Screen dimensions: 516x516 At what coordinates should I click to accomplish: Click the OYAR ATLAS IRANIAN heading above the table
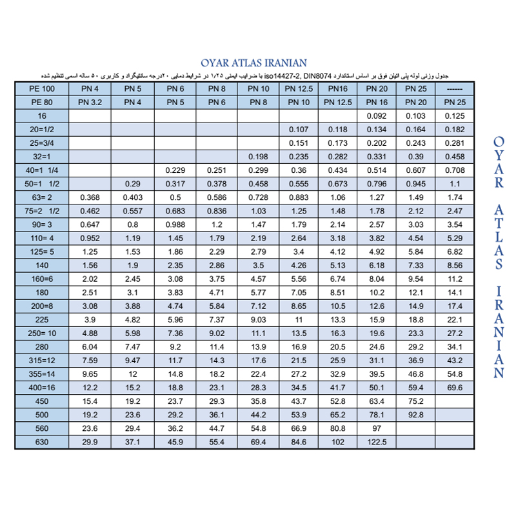pos(258,63)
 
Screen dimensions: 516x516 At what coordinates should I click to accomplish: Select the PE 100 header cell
pos(42,88)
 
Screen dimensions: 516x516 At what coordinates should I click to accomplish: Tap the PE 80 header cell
pos(42,102)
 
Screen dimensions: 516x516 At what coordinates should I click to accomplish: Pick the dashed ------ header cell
pos(455,88)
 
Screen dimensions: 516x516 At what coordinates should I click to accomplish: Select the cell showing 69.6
pos(455,387)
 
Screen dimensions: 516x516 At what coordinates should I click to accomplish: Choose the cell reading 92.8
pos(415,414)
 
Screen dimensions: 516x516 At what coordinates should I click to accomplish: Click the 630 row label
pos(42,441)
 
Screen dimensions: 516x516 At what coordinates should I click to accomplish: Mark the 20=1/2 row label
pos(42,130)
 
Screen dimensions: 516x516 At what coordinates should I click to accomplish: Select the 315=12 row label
pos(42,360)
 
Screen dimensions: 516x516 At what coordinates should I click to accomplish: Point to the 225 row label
pos(42,319)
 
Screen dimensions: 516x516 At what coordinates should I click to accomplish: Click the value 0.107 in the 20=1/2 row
pos(299,130)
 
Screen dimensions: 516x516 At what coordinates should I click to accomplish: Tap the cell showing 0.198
pos(258,157)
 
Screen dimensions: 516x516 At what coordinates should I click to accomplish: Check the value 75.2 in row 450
pos(415,401)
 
